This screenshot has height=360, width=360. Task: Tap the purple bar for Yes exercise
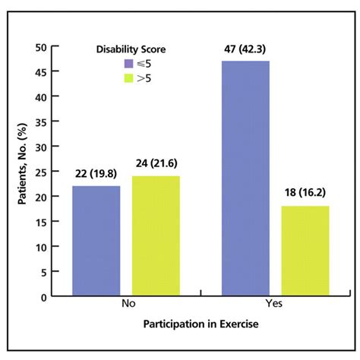[x=246, y=178]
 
